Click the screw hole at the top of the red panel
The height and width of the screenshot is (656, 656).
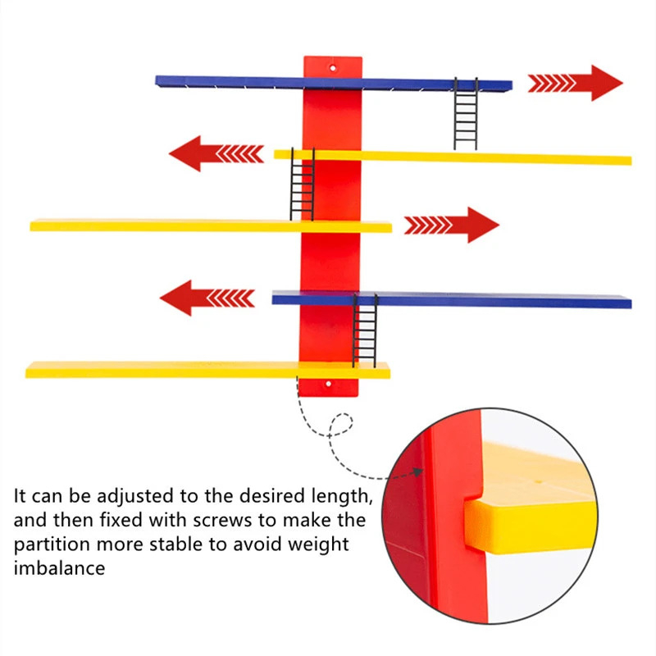click(333, 65)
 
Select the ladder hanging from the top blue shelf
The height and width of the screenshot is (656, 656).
click(466, 114)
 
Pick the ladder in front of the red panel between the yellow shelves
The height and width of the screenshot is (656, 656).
click(302, 184)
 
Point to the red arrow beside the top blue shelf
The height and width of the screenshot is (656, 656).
click(575, 83)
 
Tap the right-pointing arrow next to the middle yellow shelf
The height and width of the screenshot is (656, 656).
click(451, 225)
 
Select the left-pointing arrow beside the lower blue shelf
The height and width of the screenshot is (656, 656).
click(207, 297)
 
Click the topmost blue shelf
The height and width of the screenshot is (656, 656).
click(246, 82)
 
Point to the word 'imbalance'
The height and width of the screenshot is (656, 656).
click(59, 567)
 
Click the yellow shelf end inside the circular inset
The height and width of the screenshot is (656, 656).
click(525, 525)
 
